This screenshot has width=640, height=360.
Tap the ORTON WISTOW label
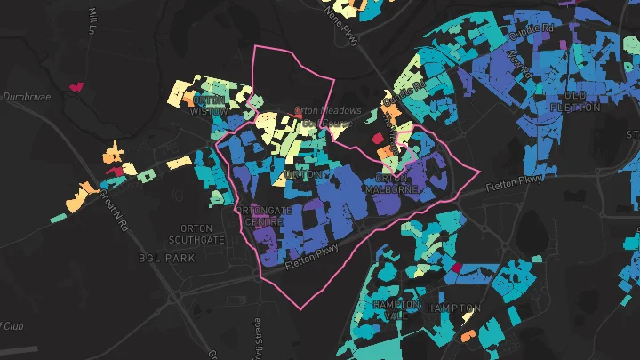(x=209, y=107)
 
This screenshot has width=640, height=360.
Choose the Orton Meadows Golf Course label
(x=327, y=116)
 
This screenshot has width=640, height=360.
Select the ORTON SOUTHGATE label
(x=196, y=234)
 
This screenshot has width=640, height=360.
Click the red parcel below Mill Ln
(x=76, y=87)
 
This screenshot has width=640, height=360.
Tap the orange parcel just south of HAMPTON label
(x=468, y=336)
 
